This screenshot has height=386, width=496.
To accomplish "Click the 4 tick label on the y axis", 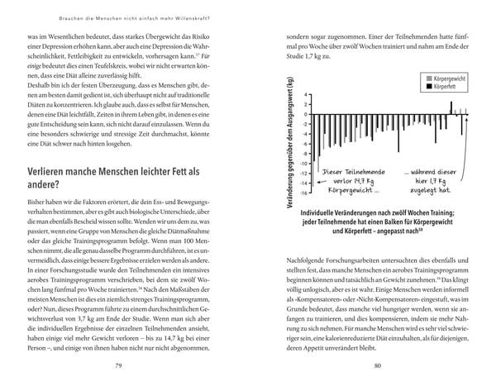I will [305, 94].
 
